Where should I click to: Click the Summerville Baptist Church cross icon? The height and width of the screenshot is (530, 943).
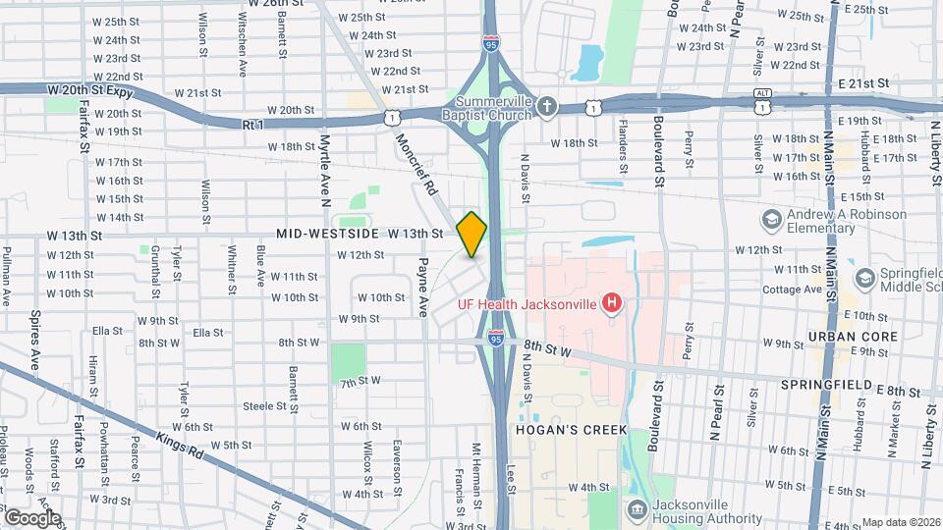pos(547,104)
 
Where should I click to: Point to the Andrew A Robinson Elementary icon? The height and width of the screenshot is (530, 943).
pos(770,217)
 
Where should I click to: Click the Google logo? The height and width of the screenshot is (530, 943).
pos(31,517)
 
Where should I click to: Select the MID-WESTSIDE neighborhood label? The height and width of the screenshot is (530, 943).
pos(328,235)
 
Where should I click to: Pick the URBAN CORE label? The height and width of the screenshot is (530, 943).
pos(840,336)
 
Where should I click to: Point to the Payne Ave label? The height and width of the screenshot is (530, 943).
pos(423,288)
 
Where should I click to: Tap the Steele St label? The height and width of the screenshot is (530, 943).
pos(263,405)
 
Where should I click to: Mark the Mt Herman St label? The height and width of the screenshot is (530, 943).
pos(476,467)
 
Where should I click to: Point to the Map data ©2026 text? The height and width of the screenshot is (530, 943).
pos(901,522)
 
